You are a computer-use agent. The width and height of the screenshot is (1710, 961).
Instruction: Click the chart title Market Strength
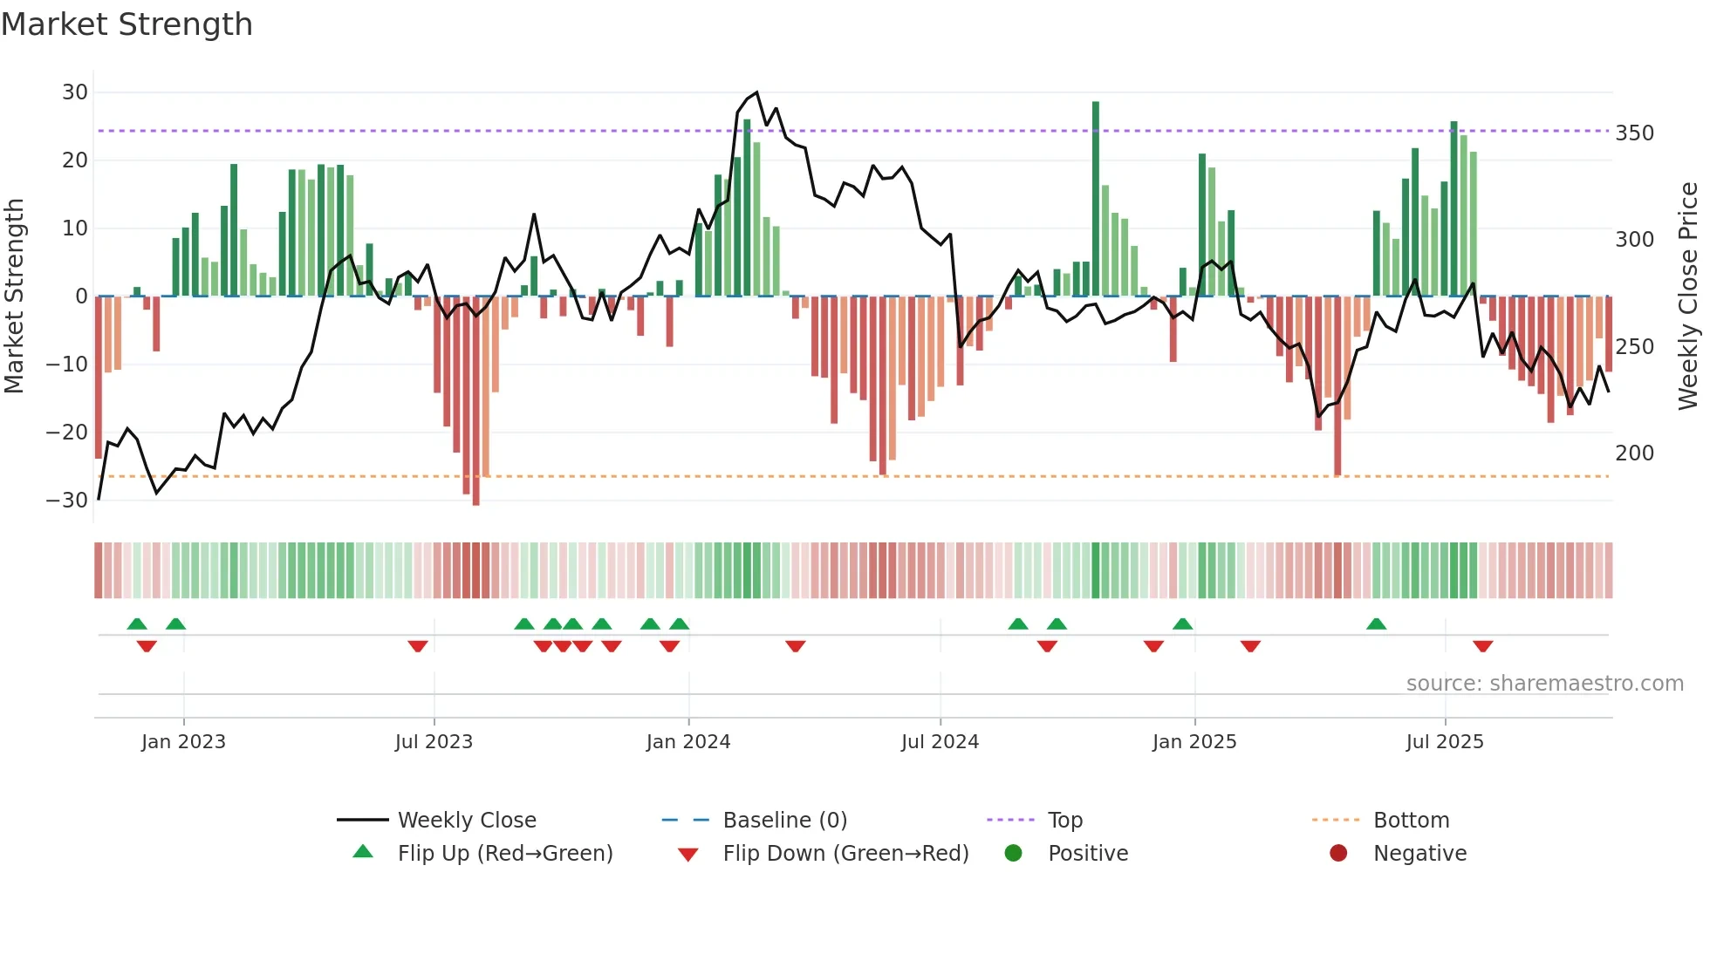pyautogui.click(x=127, y=24)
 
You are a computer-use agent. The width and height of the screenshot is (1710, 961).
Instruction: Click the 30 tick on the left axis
pyautogui.click(x=75, y=92)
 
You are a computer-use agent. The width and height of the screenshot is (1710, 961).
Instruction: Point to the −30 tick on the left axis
pyautogui.click(x=68, y=501)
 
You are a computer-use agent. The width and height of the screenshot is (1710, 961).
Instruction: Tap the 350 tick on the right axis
pyautogui.click(x=1634, y=133)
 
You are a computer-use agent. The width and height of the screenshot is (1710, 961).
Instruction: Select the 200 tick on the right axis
pyautogui.click(x=1634, y=453)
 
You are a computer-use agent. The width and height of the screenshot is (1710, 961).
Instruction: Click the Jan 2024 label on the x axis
pyautogui.click(x=687, y=742)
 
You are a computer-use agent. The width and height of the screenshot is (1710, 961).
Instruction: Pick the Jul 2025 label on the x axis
pyautogui.click(x=1444, y=742)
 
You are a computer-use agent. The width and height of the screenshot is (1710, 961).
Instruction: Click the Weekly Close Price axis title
pyautogui.click(x=1688, y=296)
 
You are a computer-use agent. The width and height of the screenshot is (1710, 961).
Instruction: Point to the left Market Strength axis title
pyautogui.click(x=14, y=296)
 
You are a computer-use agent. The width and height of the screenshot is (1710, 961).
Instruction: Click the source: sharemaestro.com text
pyautogui.click(x=1544, y=684)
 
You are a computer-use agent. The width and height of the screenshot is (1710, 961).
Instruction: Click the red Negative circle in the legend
pyautogui.click(x=1338, y=854)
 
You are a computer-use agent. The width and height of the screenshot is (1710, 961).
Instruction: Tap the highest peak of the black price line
pyautogui.click(x=756, y=93)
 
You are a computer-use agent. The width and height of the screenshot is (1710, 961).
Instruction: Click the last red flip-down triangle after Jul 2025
pyautogui.click(x=1482, y=646)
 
